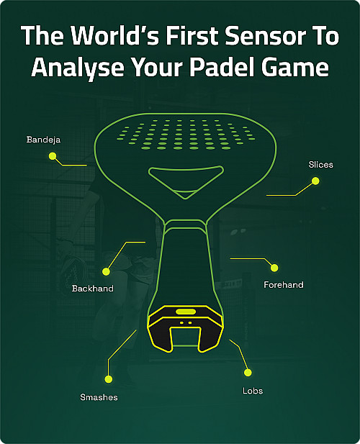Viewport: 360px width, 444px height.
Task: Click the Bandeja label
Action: (43, 140)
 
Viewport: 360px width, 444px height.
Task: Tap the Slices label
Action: (320, 165)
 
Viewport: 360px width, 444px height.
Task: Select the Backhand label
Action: (93, 289)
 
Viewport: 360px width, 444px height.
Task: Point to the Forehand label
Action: (284, 284)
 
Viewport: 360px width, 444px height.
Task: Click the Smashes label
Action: (99, 397)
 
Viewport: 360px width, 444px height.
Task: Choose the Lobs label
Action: (253, 391)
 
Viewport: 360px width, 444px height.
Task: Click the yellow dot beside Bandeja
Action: (53, 156)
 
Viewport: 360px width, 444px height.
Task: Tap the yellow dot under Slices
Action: (315, 181)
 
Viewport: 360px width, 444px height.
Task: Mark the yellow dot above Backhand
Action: (106, 272)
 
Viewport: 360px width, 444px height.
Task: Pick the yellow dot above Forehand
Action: (274, 268)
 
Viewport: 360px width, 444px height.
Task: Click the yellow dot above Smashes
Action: (109, 379)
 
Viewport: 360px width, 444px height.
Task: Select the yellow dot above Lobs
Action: (248, 373)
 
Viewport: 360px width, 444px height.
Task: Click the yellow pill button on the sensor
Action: (186, 312)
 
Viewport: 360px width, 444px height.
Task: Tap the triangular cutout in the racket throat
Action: (186, 181)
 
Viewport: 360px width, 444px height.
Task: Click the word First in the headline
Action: (192, 36)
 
